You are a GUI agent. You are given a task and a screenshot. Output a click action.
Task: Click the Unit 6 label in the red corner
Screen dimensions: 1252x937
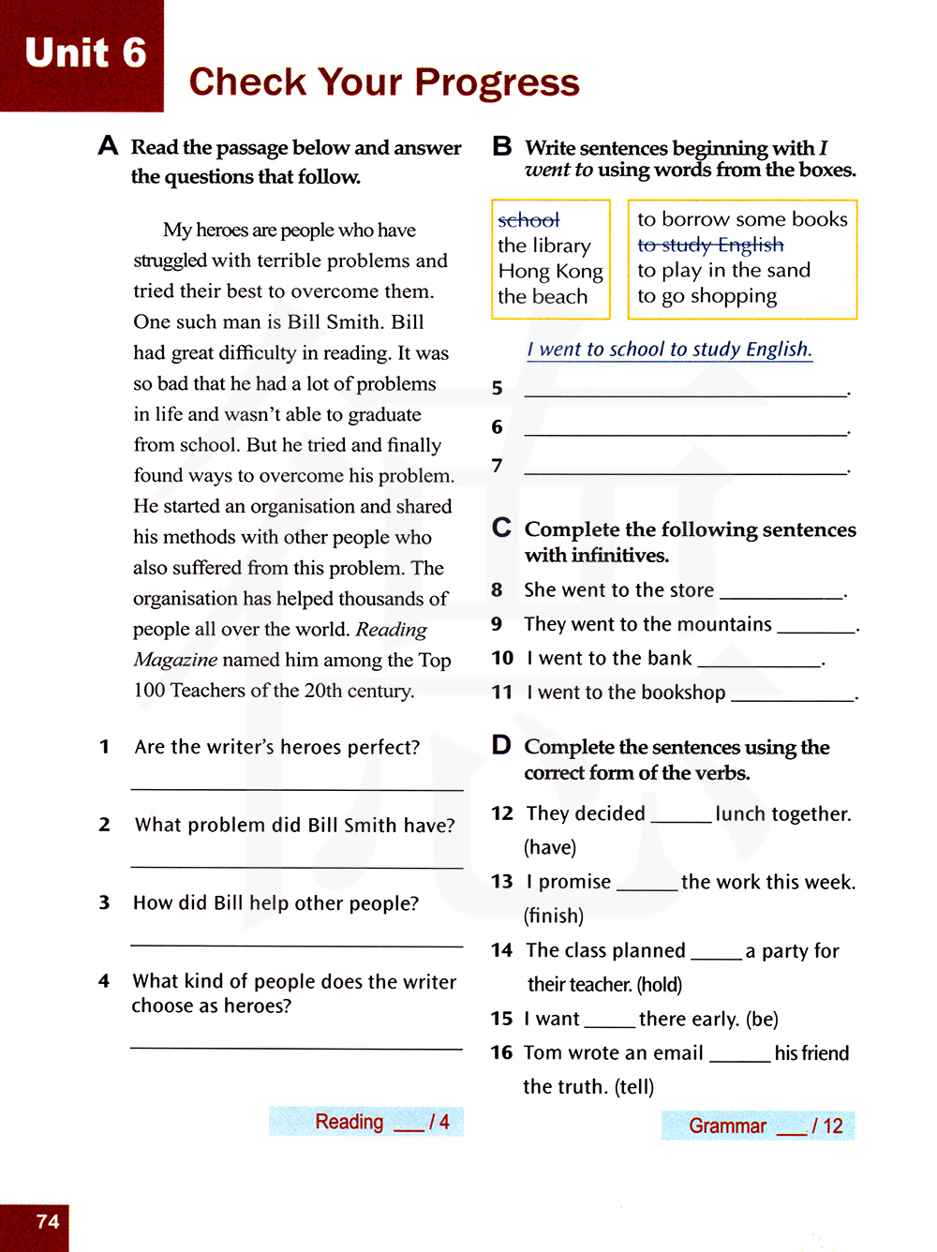point(85,52)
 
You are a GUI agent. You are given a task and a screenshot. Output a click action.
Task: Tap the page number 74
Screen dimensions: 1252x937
point(48,1221)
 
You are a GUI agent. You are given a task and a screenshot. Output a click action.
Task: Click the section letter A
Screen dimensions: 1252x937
point(108,146)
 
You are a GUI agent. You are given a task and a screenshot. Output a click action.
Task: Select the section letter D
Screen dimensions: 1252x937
point(501,745)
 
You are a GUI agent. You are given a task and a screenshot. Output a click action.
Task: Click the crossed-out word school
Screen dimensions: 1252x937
point(528,220)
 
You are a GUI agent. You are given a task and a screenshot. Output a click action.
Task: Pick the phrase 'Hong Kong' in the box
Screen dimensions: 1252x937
point(550,271)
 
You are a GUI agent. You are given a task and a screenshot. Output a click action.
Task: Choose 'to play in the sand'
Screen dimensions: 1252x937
point(723,271)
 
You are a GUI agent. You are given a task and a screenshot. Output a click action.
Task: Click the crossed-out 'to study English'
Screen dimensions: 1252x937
point(710,245)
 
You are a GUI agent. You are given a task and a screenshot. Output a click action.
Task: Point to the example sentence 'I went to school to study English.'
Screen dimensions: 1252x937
point(669,350)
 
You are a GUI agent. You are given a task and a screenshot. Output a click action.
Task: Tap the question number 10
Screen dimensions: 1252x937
point(502,658)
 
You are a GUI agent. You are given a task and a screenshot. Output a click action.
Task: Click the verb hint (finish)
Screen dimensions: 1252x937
point(553,916)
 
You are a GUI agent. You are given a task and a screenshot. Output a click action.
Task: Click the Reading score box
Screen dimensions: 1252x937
point(366,1122)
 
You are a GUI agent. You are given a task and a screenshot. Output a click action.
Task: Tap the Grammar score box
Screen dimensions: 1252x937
point(757,1125)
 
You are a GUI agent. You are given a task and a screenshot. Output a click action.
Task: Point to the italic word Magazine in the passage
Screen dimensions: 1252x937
point(175,660)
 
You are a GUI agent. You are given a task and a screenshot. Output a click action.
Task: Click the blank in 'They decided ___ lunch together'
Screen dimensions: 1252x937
point(680,815)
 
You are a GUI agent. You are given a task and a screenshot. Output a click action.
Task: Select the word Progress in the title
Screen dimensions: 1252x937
point(497,82)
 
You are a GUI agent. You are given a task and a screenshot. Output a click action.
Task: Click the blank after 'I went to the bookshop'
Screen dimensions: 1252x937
point(792,694)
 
